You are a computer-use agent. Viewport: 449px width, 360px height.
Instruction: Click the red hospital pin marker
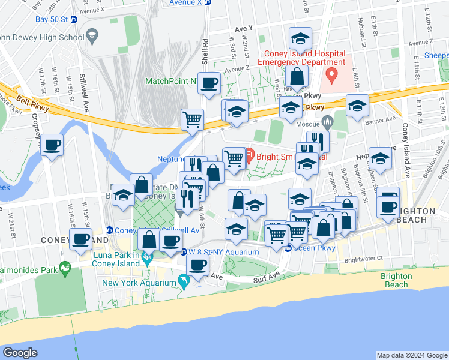331,76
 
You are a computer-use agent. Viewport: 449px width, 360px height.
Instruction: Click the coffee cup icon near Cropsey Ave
52,145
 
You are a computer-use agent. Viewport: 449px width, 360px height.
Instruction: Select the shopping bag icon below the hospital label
297,76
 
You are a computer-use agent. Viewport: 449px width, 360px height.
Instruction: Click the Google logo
20,353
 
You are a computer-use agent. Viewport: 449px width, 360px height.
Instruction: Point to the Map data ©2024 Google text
411,355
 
